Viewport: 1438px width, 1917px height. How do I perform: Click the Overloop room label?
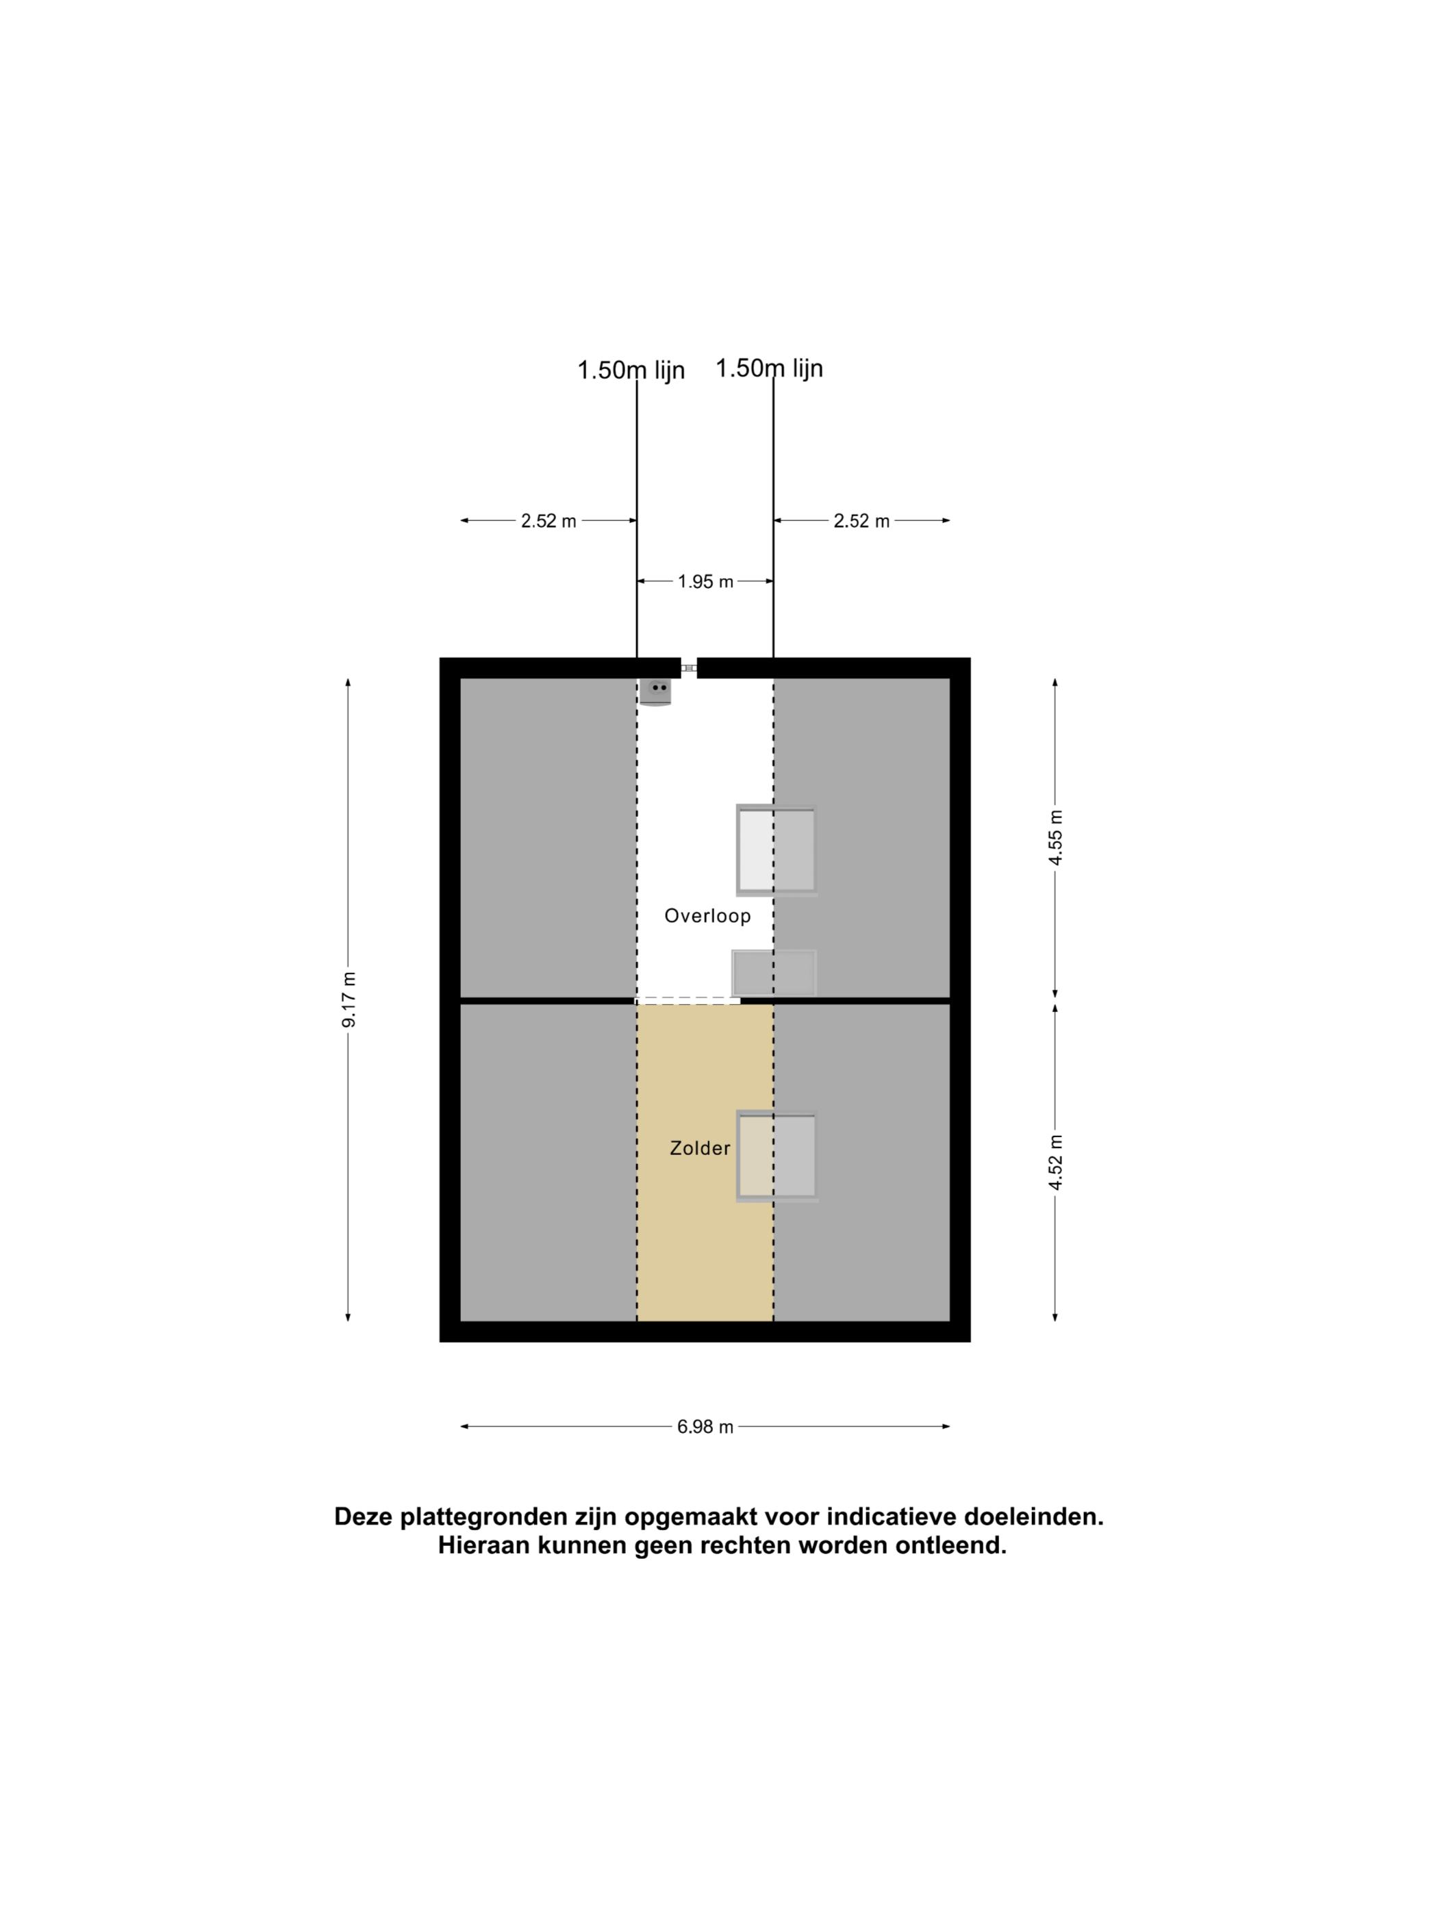pyautogui.click(x=707, y=915)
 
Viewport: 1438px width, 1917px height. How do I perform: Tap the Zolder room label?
pyautogui.click(x=700, y=1148)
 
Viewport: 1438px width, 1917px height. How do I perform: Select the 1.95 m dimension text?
pyautogui.click(x=705, y=581)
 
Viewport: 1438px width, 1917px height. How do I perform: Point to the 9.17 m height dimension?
pyautogui.click(x=349, y=999)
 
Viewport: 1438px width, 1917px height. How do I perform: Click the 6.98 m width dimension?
pyautogui.click(x=705, y=1427)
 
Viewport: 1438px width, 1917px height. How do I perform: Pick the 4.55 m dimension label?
pyautogui.click(x=1055, y=837)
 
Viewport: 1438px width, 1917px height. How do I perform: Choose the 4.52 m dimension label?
pyautogui.click(x=1055, y=1162)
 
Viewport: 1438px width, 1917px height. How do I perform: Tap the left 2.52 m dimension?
pyautogui.click(x=548, y=521)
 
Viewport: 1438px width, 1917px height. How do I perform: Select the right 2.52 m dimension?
pyautogui.click(x=861, y=521)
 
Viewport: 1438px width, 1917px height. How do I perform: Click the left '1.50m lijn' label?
pyautogui.click(x=631, y=370)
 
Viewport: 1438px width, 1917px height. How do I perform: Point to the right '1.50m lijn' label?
pyautogui.click(x=769, y=368)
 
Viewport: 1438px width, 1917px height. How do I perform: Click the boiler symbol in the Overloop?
pyautogui.click(x=655, y=691)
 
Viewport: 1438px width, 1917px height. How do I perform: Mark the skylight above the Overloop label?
pyautogui.click(x=777, y=850)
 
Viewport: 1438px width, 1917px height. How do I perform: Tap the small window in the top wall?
pyautogui.click(x=689, y=668)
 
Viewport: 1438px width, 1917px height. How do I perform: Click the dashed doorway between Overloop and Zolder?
pyautogui.click(x=688, y=1001)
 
